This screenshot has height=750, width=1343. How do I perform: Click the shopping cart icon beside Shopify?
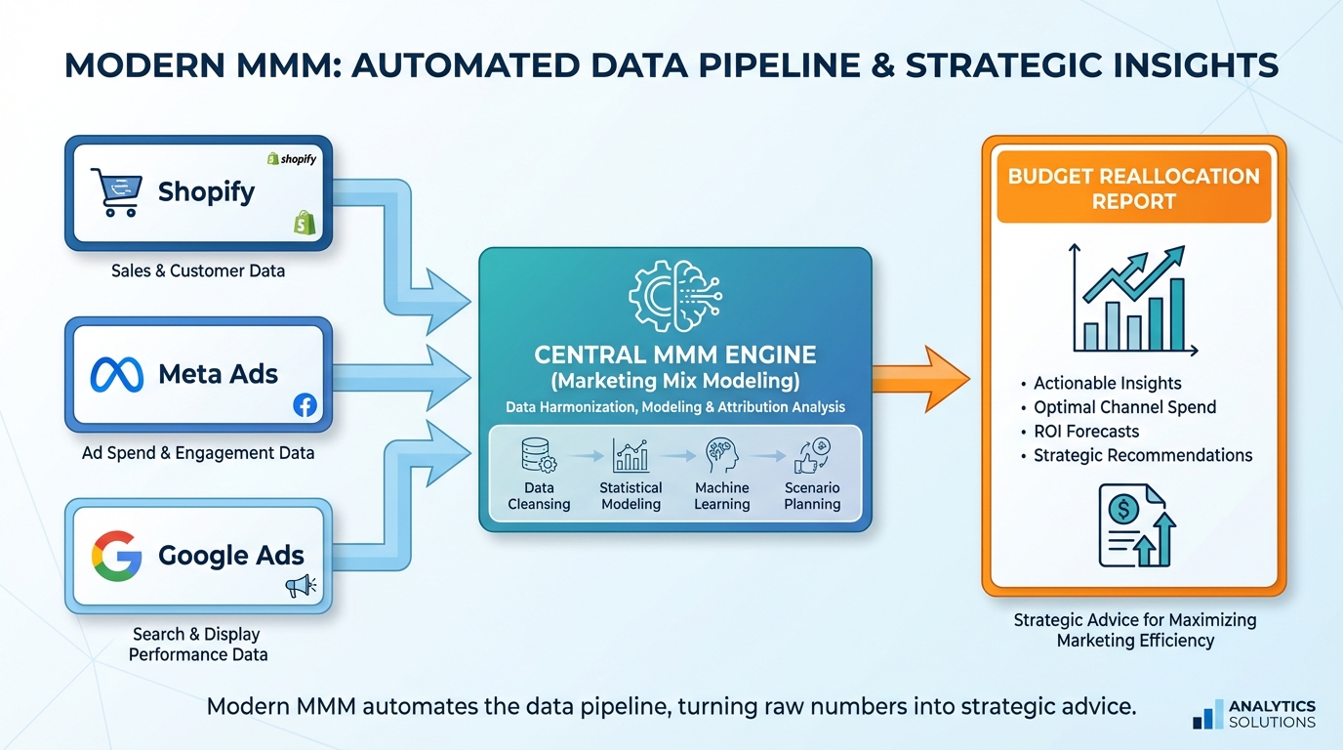(x=115, y=191)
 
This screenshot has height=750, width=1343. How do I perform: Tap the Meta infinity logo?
(x=116, y=375)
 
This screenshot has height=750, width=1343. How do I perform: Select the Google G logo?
(x=116, y=557)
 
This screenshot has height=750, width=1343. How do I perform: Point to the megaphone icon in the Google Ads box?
(x=300, y=586)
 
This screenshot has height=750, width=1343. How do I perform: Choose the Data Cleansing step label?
(x=539, y=496)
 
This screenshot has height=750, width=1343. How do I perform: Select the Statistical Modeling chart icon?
(x=631, y=455)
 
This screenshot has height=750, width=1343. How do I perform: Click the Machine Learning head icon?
(x=722, y=455)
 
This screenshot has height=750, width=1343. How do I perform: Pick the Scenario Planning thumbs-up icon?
(x=812, y=455)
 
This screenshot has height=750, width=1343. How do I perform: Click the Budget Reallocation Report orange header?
(x=1133, y=188)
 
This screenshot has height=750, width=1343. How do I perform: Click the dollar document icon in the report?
(x=1135, y=527)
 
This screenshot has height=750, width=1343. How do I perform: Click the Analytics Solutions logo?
(x=1254, y=714)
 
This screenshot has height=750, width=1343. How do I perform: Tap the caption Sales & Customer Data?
(x=198, y=271)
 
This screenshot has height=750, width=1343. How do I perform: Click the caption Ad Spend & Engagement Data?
(x=198, y=453)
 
